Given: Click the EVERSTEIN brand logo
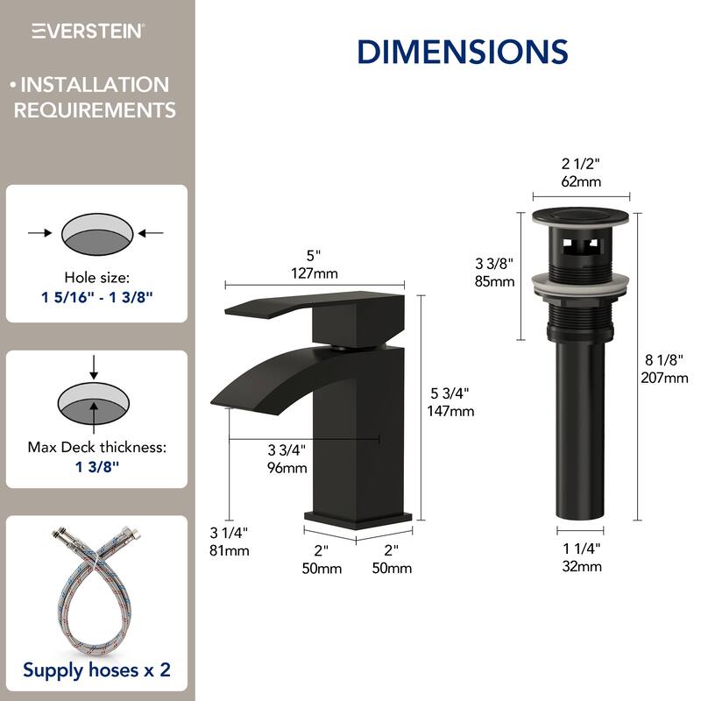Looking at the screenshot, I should pyautogui.click(x=89, y=31).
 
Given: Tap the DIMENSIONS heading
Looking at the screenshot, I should pyautogui.click(x=462, y=51).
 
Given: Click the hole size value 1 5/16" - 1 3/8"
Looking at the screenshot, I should pyautogui.click(x=97, y=296).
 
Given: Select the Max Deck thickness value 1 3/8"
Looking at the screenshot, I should pyautogui.click(x=97, y=466).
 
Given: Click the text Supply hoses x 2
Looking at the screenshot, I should pyautogui.click(x=97, y=670).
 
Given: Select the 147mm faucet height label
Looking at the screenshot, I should pyautogui.click(x=450, y=410).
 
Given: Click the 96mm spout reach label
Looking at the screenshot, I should pyautogui.click(x=287, y=467).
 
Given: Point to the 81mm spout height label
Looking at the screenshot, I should pyautogui.click(x=230, y=550).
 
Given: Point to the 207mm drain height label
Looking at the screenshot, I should pyautogui.click(x=663, y=378).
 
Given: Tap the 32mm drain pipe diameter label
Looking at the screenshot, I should pyautogui.click(x=582, y=565).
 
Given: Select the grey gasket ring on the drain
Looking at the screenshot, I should pyautogui.click(x=582, y=282).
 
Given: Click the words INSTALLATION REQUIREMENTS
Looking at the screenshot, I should pyautogui.click(x=95, y=97).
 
